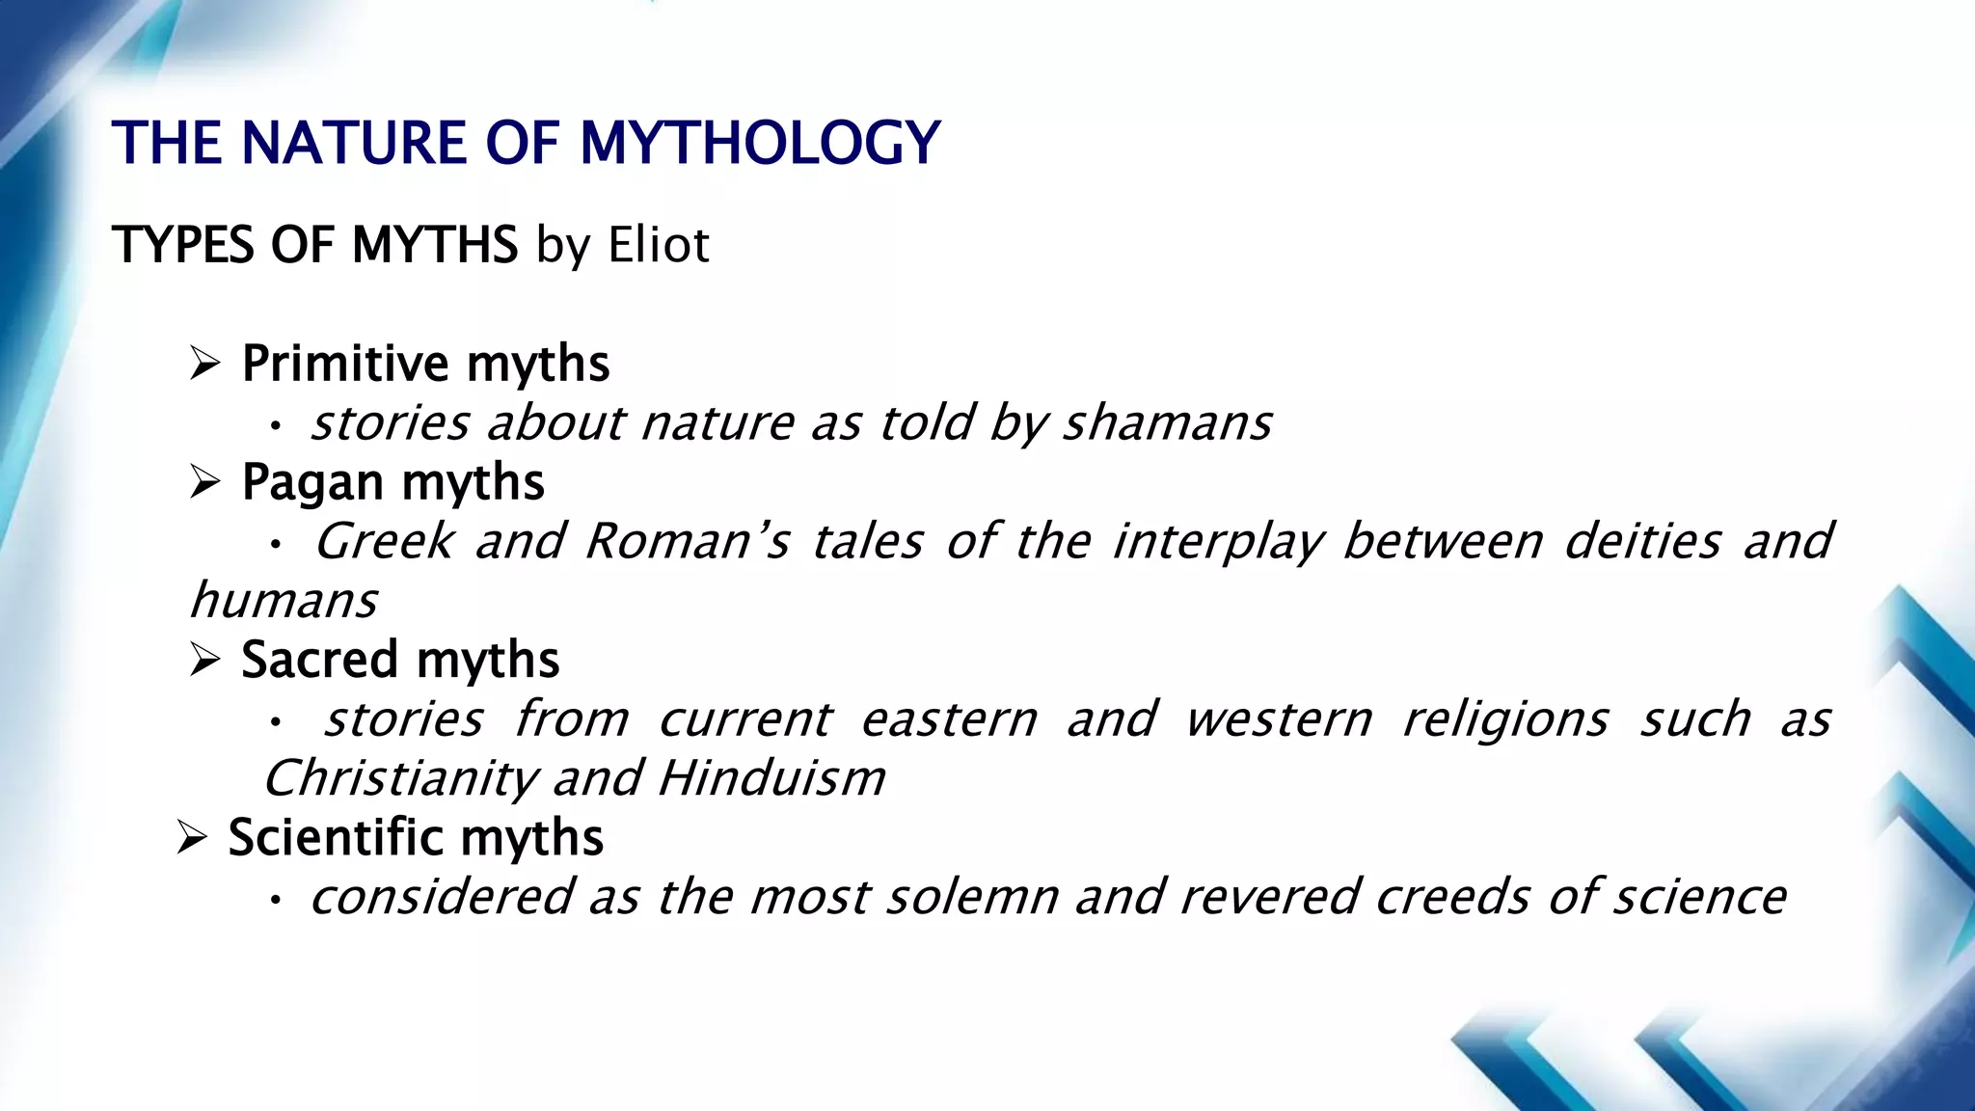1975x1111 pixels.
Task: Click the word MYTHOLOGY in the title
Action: pos(759,144)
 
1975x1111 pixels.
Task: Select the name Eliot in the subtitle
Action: pos(659,244)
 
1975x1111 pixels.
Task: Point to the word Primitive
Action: pos(344,364)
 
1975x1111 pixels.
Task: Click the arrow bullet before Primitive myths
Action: pos(205,364)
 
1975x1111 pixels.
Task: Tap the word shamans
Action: pos(1167,423)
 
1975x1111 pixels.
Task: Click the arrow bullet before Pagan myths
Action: pos(205,482)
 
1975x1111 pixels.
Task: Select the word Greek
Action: pos(384,541)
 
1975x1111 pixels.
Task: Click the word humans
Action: pos(284,601)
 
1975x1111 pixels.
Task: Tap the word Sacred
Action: pos(318,660)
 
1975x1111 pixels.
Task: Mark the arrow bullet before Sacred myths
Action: pos(205,660)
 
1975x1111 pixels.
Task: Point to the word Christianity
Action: pos(399,778)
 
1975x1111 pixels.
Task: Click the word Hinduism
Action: pos(771,778)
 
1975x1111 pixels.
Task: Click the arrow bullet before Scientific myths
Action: pos(192,837)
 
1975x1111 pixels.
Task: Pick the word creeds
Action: pos(1452,897)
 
